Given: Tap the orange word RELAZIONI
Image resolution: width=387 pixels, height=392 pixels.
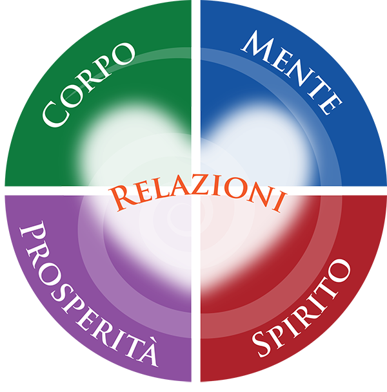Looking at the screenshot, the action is [x=198, y=196].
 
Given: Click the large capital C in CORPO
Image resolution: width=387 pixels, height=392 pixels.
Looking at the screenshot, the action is [x=55, y=114].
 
